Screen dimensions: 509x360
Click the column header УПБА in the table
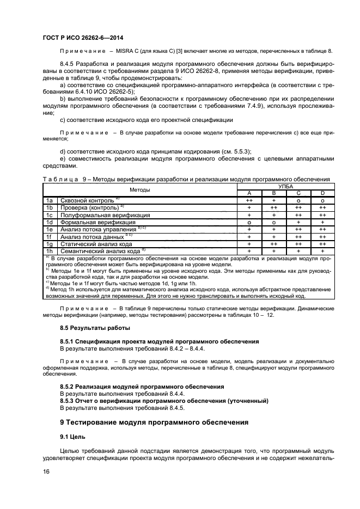click(x=285, y=186)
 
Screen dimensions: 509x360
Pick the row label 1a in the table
click(x=49, y=200)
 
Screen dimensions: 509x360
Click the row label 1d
click(x=49, y=222)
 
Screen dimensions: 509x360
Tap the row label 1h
click(x=49, y=251)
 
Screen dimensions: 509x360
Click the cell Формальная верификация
click(x=97, y=222)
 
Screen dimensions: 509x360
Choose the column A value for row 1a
click(x=249, y=200)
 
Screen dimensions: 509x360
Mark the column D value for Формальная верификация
click(x=322, y=222)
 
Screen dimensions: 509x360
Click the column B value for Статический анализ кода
click(x=273, y=244)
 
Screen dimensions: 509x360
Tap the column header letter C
click(x=298, y=193)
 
